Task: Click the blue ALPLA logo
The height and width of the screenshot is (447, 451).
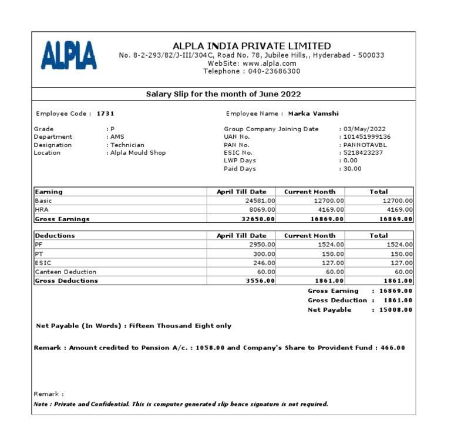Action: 69,55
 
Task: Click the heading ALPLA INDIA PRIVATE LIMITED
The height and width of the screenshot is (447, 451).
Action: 251,46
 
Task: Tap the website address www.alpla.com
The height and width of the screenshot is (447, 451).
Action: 269,63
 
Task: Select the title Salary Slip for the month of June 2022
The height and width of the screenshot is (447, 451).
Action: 223,94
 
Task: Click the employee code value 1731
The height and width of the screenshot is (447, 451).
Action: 105,114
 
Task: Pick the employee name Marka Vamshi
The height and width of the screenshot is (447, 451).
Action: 313,114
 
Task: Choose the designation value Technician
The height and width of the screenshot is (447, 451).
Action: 127,145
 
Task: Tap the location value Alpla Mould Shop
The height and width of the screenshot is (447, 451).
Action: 138,152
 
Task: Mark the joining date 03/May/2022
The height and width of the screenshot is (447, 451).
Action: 365,129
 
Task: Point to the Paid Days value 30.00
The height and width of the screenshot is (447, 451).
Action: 353,168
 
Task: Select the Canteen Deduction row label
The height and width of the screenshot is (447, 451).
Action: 66,272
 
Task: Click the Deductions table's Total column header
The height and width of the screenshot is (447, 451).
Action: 378,235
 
